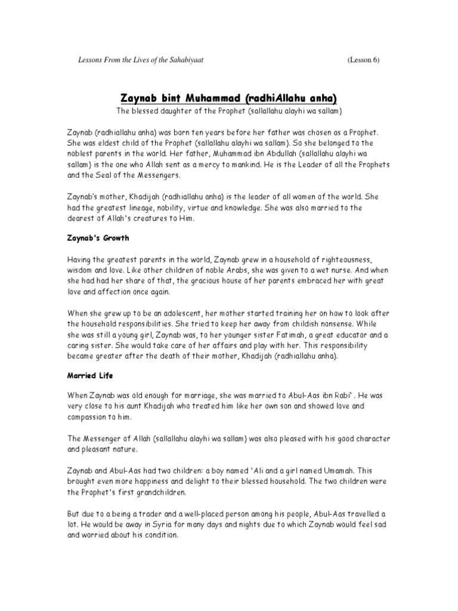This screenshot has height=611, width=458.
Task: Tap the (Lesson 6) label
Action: click(x=363, y=60)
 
